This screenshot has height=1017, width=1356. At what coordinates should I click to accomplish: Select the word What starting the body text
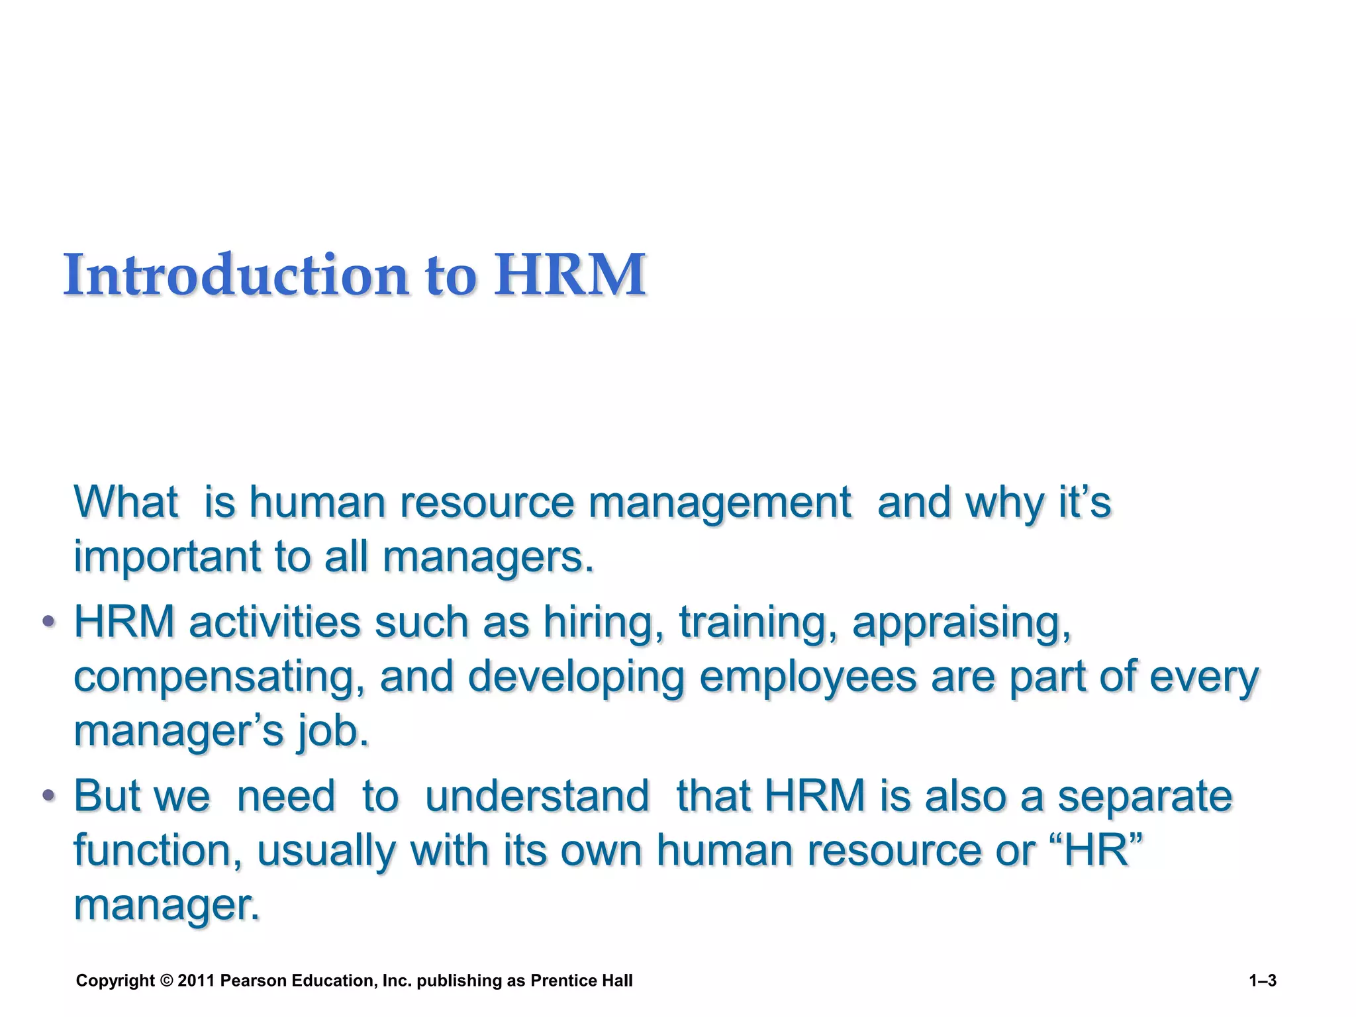pos(126,502)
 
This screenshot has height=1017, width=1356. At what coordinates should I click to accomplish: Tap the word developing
pos(576,677)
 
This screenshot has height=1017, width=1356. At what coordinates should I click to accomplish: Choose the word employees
pos(808,677)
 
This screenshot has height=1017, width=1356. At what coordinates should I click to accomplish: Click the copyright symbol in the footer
pos(166,981)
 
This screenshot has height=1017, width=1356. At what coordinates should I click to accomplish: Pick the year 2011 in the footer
pos(196,981)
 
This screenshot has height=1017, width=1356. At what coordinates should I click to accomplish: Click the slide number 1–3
pos(1263,981)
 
